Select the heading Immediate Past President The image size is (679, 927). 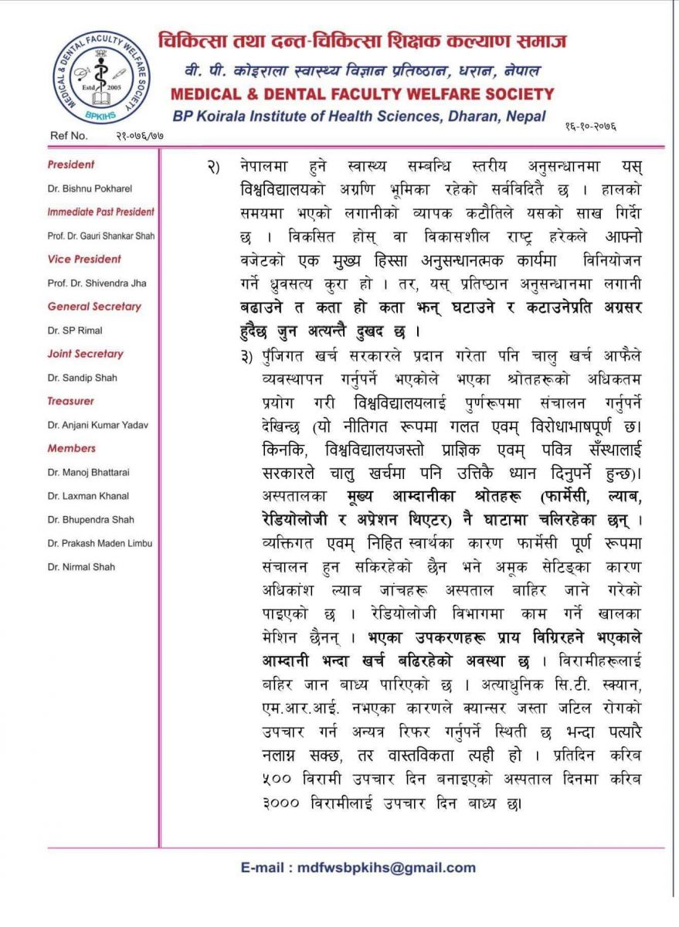point(100,212)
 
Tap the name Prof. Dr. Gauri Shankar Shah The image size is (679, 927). point(100,236)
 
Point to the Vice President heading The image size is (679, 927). point(84,259)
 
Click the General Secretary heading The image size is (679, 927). point(94,307)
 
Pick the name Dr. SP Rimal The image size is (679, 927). point(75,331)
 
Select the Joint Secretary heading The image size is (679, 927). point(85,354)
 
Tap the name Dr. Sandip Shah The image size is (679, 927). point(80,378)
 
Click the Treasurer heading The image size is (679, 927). point(70,401)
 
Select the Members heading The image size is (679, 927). point(71,448)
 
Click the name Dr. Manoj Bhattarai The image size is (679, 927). point(88,472)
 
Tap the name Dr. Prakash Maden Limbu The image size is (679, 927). point(98,543)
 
